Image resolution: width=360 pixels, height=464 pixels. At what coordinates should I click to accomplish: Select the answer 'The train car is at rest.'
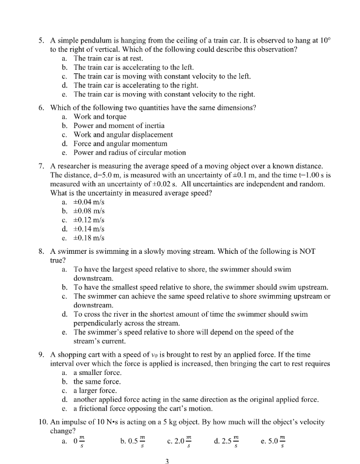(108, 59)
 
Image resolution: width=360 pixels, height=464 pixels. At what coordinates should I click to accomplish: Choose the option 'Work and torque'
(100, 116)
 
